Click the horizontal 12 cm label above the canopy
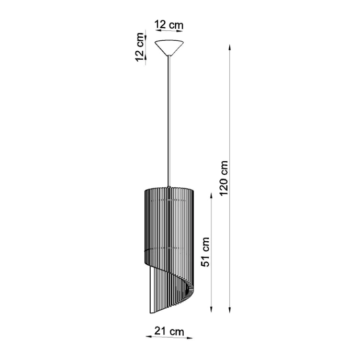click(x=169, y=24)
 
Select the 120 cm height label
click(x=224, y=178)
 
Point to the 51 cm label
click(x=206, y=251)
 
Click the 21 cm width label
click(x=169, y=331)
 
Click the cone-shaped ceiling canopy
click(x=170, y=47)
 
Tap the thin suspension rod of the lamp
click(x=169, y=120)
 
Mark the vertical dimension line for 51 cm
click(x=211, y=251)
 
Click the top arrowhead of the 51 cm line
click(x=211, y=194)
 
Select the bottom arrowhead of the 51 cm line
click(x=211, y=309)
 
